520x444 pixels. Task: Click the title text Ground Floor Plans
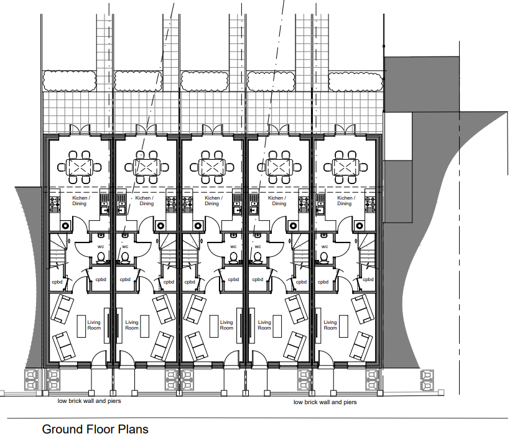click(95, 429)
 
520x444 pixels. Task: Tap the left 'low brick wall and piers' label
click(89, 401)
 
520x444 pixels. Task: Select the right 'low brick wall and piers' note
click(325, 402)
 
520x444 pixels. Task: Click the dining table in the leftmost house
click(79, 167)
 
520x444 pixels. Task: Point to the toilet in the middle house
click(233, 257)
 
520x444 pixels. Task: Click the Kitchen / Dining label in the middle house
click(213, 201)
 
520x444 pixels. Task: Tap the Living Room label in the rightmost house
click(330, 325)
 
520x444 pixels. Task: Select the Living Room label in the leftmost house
click(94, 325)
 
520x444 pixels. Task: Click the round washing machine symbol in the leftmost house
click(65, 226)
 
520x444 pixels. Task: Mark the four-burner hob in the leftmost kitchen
click(55, 204)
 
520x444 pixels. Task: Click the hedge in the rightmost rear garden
click(355, 81)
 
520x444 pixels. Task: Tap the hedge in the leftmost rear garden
click(69, 81)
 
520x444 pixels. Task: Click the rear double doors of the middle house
click(213, 129)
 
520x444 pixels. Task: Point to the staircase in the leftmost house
click(58, 251)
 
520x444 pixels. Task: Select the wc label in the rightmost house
click(324, 246)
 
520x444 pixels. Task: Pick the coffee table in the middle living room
click(214, 326)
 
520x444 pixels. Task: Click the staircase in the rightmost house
click(367, 251)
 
